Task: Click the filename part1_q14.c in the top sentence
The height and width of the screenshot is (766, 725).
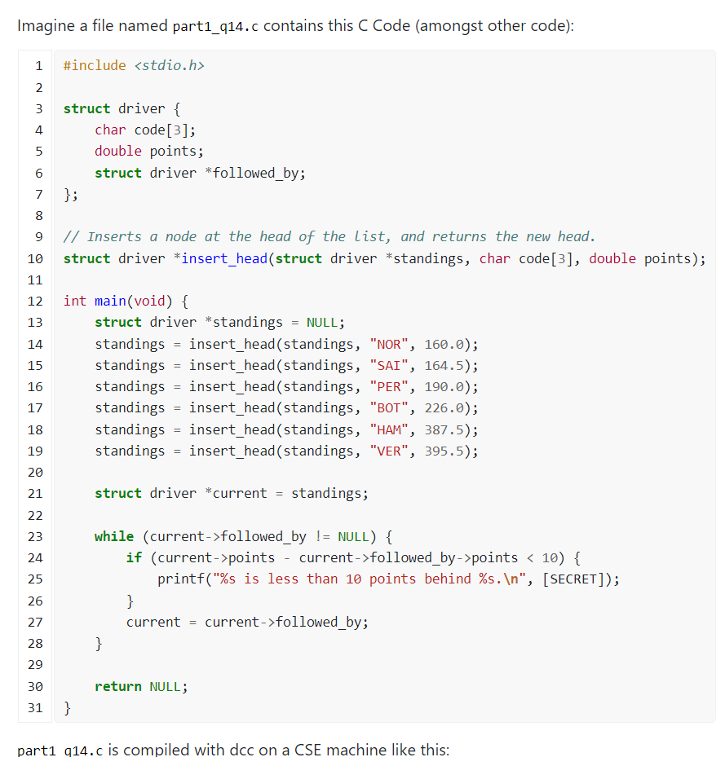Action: click(x=216, y=25)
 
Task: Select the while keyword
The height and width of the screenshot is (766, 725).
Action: click(x=114, y=536)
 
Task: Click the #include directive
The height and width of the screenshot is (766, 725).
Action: click(x=95, y=65)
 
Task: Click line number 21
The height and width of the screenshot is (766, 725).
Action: click(x=35, y=493)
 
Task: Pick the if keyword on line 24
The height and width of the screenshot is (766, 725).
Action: click(x=134, y=557)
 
